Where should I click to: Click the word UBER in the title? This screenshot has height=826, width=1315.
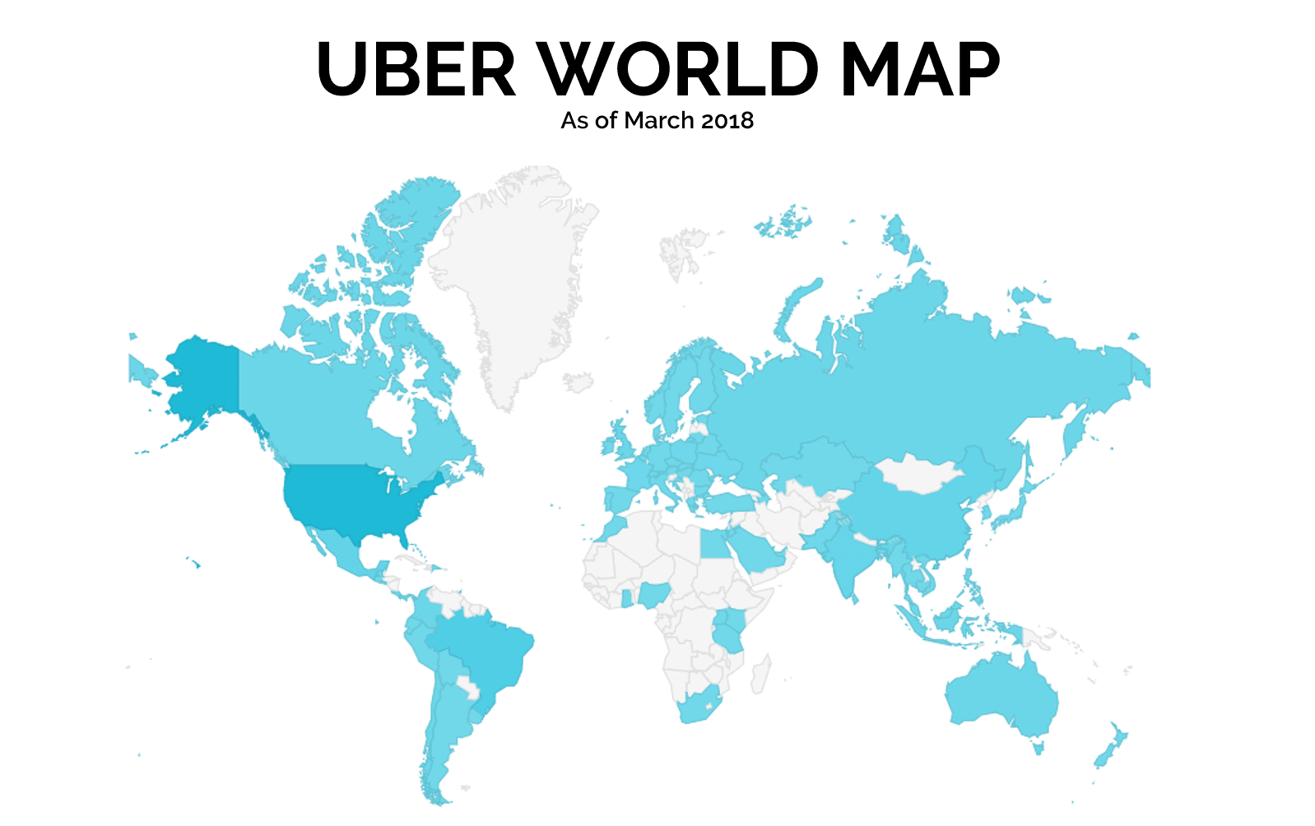click(416, 69)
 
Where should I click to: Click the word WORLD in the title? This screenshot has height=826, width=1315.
click(679, 69)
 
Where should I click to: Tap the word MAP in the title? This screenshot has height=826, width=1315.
click(919, 69)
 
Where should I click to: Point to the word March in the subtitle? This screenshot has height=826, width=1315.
click(659, 121)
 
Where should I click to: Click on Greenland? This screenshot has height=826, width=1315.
click(514, 271)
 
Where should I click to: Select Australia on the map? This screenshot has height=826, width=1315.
click(1000, 695)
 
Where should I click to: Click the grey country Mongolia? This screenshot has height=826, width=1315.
click(918, 474)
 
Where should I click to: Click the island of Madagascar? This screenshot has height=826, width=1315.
click(761, 675)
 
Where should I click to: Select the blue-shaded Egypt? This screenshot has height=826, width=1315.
click(715, 543)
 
